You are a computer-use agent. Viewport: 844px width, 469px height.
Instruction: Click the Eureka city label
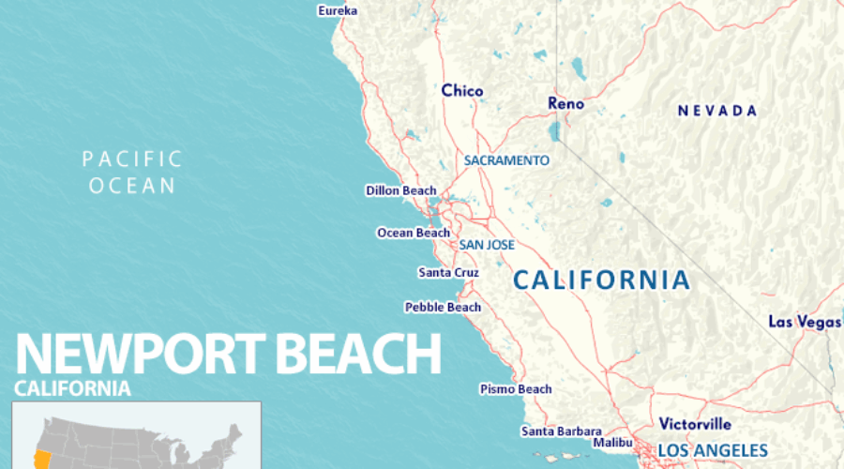(x=338, y=10)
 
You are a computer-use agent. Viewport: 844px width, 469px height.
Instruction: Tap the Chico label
(x=462, y=91)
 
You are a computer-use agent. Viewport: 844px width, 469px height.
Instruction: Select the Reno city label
(x=565, y=103)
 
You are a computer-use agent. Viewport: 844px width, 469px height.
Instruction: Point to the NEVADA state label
(x=717, y=111)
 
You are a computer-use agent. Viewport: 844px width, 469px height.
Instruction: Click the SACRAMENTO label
(x=506, y=160)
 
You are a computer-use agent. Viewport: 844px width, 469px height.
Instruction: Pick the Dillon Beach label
(x=400, y=190)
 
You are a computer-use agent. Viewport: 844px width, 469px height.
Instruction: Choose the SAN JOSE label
(x=487, y=245)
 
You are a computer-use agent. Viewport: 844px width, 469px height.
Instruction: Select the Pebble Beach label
(x=443, y=307)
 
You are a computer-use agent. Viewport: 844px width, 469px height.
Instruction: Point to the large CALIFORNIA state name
(x=601, y=280)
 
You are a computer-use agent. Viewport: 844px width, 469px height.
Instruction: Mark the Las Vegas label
(x=805, y=322)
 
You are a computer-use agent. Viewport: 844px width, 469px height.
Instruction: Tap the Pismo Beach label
(x=516, y=388)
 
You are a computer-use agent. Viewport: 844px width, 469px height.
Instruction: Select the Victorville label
(x=695, y=423)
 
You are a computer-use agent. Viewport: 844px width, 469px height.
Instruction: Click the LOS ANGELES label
(x=712, y=450)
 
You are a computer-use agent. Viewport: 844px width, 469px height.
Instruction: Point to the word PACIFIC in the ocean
(x=132, y=159)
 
